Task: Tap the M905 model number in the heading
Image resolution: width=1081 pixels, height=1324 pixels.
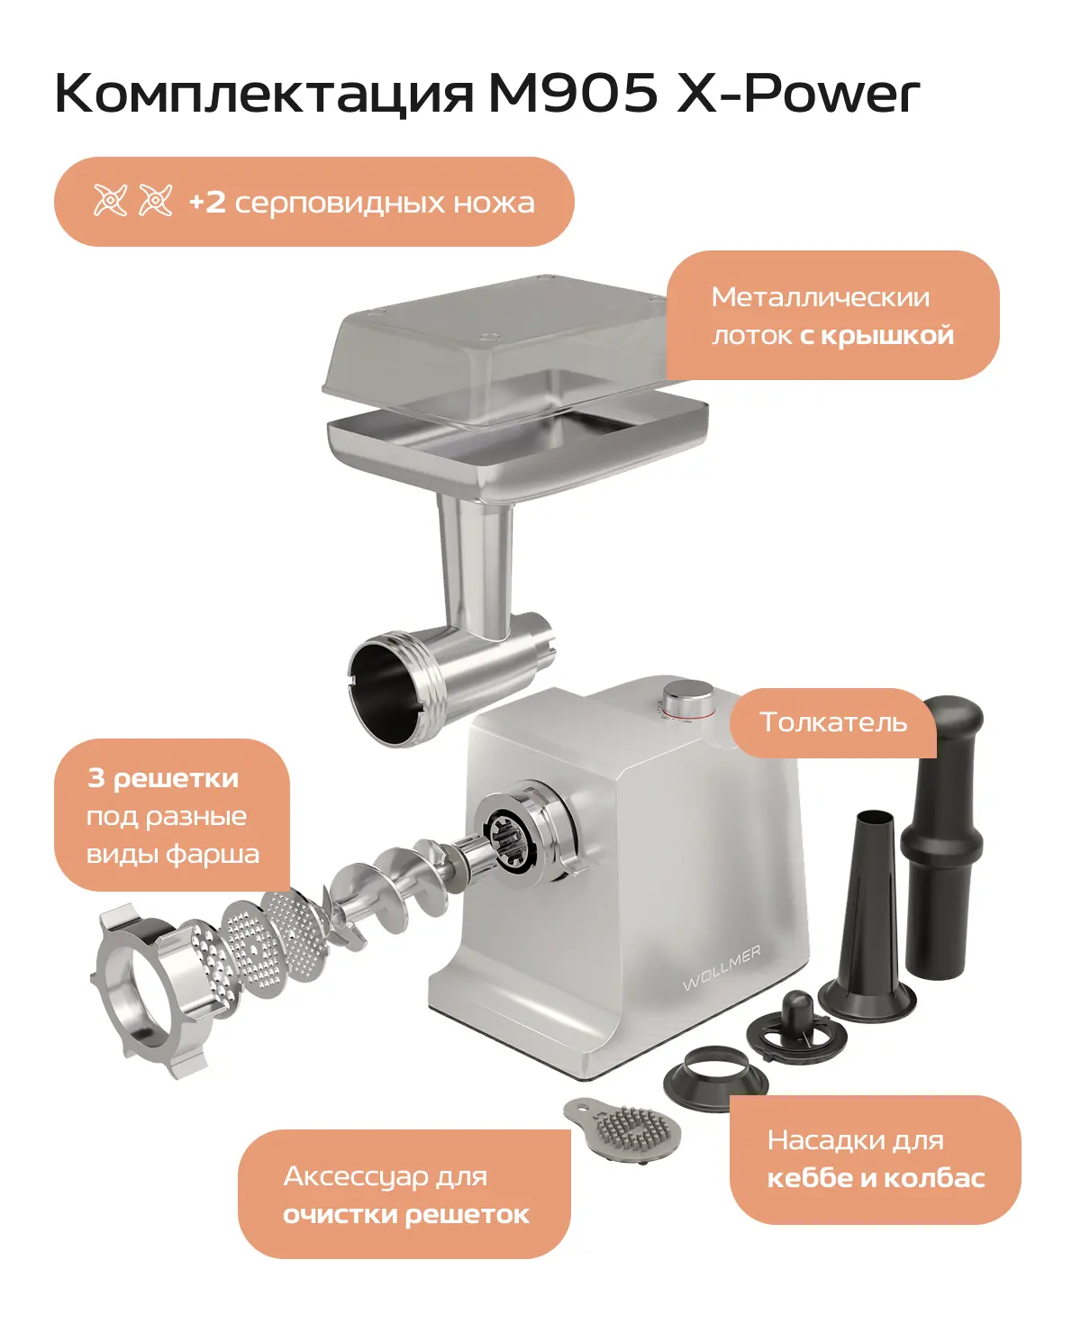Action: [x=573, y=92]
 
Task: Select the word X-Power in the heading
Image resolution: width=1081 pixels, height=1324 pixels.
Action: [x=798, y=92]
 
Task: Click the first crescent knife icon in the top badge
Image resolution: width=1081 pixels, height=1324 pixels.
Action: [x=110, y=201]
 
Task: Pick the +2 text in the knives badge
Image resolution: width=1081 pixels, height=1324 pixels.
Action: [x=207, y=203]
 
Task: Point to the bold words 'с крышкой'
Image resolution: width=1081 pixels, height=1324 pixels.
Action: [x=877, y=337]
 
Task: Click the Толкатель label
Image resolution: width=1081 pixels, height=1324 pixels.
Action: [x=833, y=722]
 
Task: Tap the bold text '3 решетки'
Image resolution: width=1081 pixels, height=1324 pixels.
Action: [x=163, y=779]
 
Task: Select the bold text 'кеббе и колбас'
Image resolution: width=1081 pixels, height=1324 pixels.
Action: [x=876, y=1178]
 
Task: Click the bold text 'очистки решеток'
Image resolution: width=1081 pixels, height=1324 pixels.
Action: [x=406, y=1215]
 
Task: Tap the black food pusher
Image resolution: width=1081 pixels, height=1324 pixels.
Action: [x=941, y=835]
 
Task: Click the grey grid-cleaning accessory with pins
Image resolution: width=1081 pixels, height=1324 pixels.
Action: [x=622, y=1129]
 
